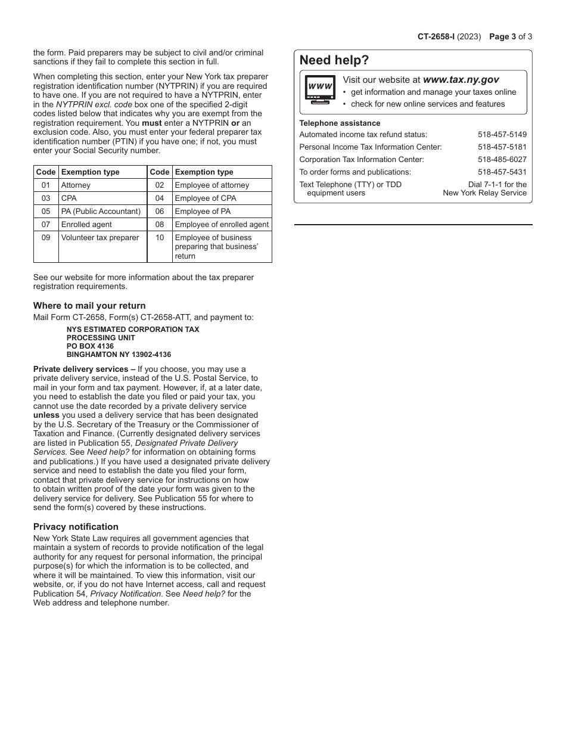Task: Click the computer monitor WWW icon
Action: (x=320, y=89)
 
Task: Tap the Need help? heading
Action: (x=334, y=60)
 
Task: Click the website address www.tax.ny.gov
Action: (x=461, y=80)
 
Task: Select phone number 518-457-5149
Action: (x=502, y=135)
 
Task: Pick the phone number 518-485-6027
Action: (x=502, y=160)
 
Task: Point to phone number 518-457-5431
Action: (x=502, y=172)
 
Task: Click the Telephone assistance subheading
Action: (x=340, y=123)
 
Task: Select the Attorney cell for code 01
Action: (x=76, y=185)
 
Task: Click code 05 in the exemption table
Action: (x=46, y=212)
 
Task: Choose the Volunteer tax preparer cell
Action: (x=99, y=238)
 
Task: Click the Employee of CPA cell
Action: (x=205, y=198)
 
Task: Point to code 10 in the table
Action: (x=160, y=238)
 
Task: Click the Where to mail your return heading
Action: (x=89, y=306)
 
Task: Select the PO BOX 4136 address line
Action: (x=90, y=346)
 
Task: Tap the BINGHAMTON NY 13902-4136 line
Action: (x=119, y=355)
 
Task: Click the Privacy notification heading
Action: (x=76, y=527)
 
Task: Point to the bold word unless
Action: (x=46, y=415)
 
